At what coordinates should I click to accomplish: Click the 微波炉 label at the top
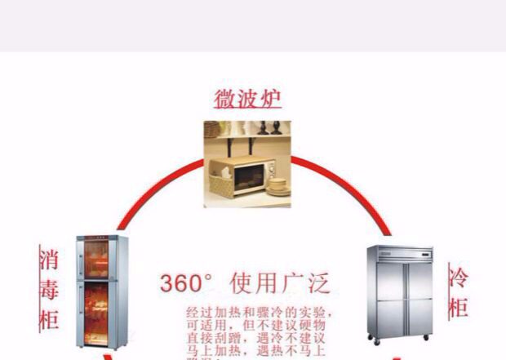[247, 99]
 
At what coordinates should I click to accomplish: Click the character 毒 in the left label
[48, 288]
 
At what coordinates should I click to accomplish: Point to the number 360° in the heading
[186, 284]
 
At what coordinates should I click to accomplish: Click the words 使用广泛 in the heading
[280, 284]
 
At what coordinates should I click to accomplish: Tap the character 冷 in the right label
[459, 278]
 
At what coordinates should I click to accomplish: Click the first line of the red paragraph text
[260, 313]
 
